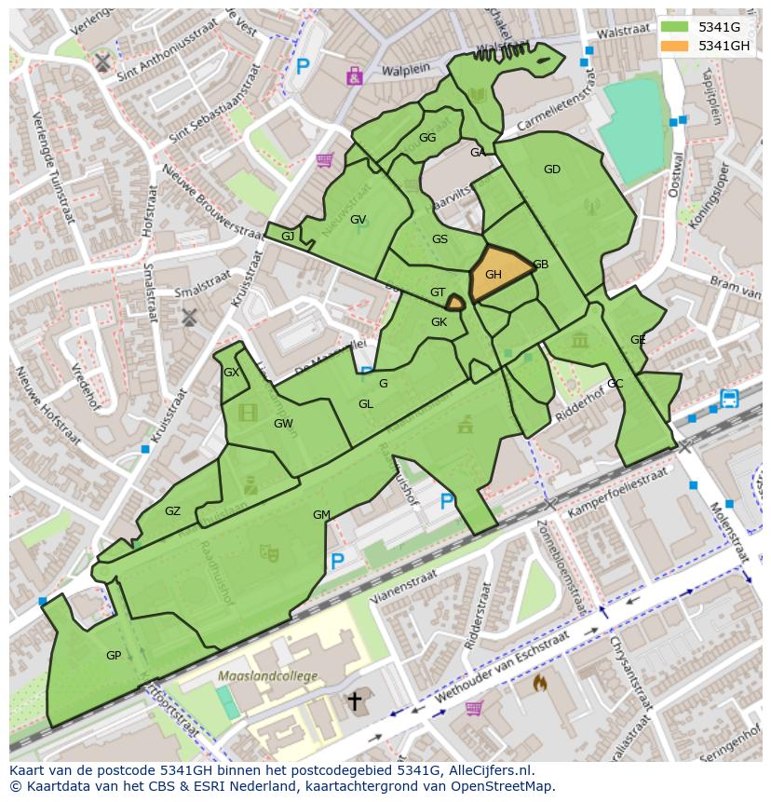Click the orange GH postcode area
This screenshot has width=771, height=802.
click(x=498, y=275)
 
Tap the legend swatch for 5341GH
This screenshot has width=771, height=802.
click(x=676, y=46)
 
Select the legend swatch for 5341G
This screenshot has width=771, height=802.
click(x=676, y=27)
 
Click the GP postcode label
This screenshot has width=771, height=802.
click(x=114, y=656)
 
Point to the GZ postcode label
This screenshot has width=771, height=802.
click(x=172, y=511)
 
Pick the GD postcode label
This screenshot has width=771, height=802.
click(x=552, y=170)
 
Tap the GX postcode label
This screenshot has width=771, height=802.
click(x=232, y=373)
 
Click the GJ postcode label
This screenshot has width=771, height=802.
click(x=288, y=237)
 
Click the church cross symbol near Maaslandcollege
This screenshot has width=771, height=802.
click(x=354, y=700)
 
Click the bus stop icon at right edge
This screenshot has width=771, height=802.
click(x=729, y=399)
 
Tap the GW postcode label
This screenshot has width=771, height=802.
click(x=283, y=424)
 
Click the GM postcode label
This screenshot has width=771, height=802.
click(x=321, y=515)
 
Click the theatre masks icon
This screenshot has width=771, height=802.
click(x=271, y=553)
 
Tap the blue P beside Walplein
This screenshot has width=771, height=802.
click(x=303, y=66)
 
